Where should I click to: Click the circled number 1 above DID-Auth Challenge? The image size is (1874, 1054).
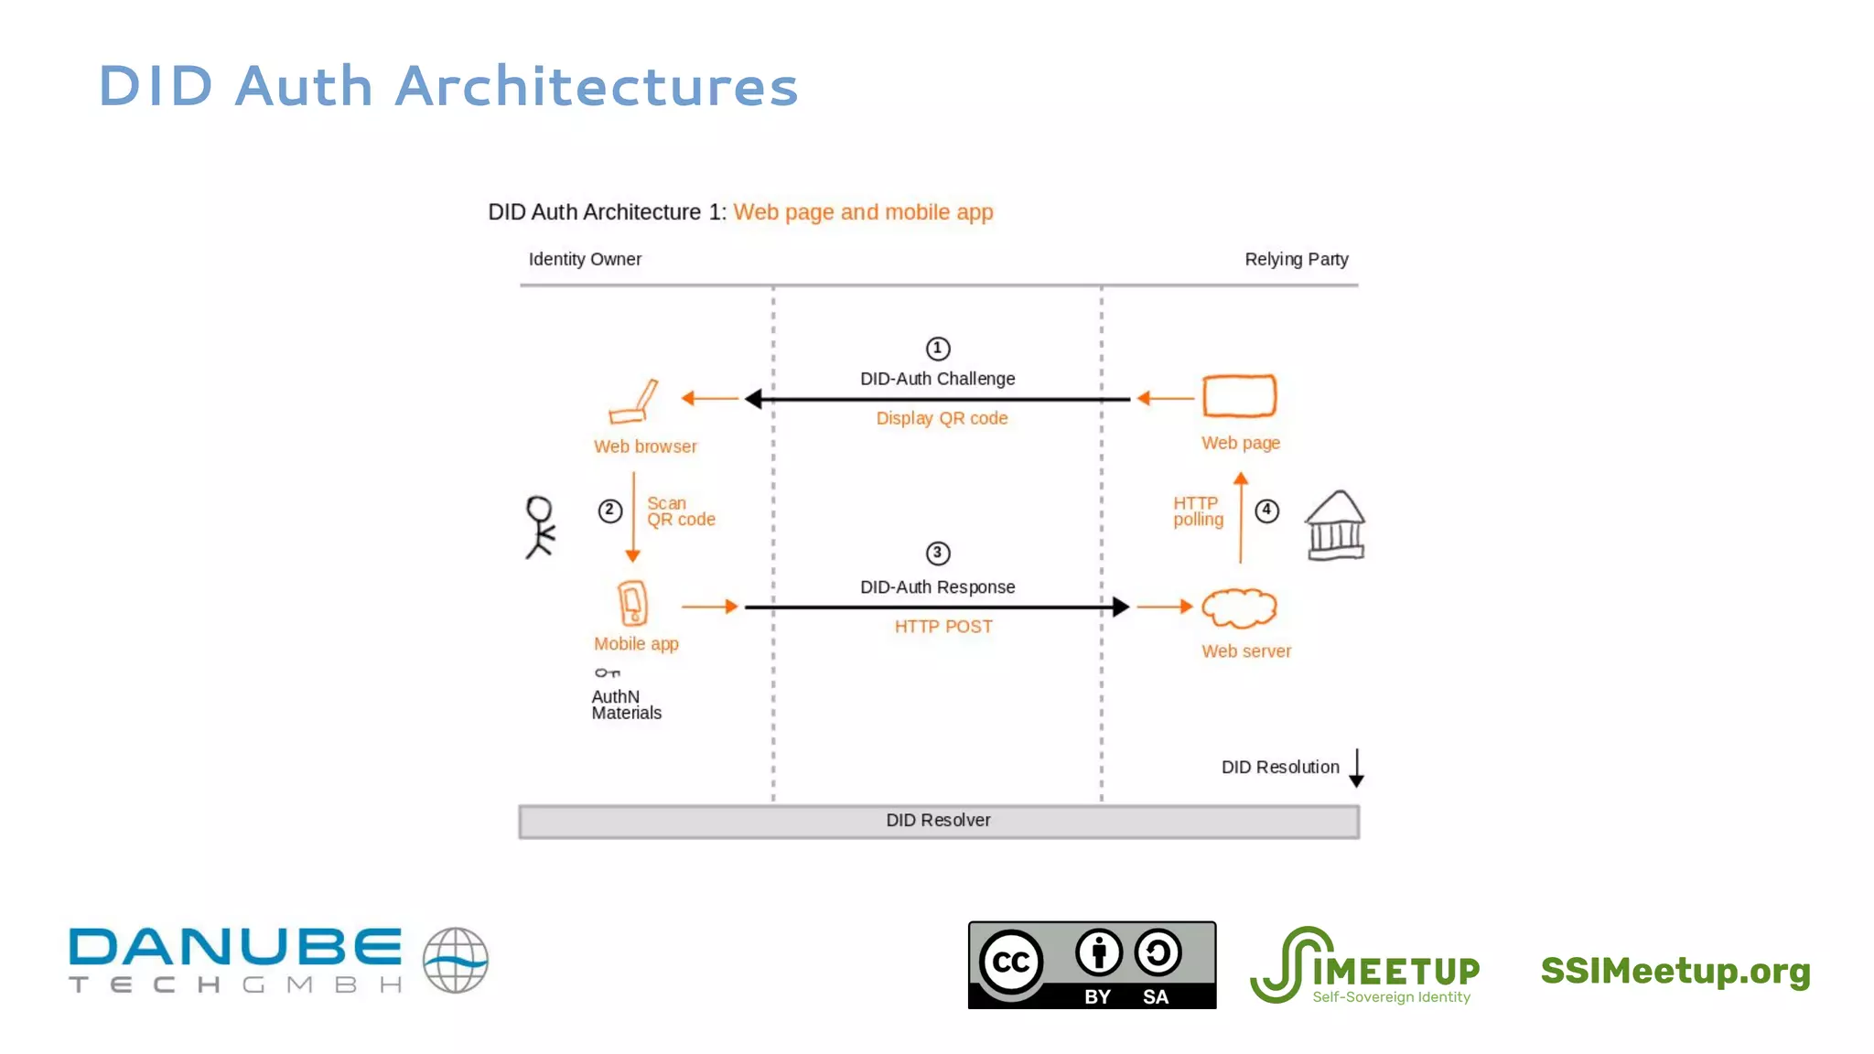938,349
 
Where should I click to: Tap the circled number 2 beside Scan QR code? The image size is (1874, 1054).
610,511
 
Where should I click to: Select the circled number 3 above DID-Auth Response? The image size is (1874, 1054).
938,553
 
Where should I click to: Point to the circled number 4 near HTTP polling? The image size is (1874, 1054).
1266,511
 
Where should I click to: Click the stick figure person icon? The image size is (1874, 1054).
540,527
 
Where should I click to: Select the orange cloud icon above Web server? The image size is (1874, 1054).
1239,608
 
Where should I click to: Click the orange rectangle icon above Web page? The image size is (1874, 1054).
1239,396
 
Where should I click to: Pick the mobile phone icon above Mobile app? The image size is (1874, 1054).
632,603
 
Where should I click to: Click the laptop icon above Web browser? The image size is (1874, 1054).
633,402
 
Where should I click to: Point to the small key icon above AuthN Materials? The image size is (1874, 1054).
607,673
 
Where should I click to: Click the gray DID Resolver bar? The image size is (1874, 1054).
938,821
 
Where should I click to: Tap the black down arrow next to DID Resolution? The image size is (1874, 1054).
1356,768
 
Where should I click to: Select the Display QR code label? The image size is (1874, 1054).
942,418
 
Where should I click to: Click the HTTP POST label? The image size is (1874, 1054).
942,627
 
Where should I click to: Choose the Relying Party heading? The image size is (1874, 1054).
1296,259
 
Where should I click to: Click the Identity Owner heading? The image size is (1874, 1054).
585,259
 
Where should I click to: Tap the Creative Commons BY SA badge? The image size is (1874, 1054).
1092,965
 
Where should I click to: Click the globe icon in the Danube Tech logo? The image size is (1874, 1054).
455,960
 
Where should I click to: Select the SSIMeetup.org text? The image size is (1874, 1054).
1675,971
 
